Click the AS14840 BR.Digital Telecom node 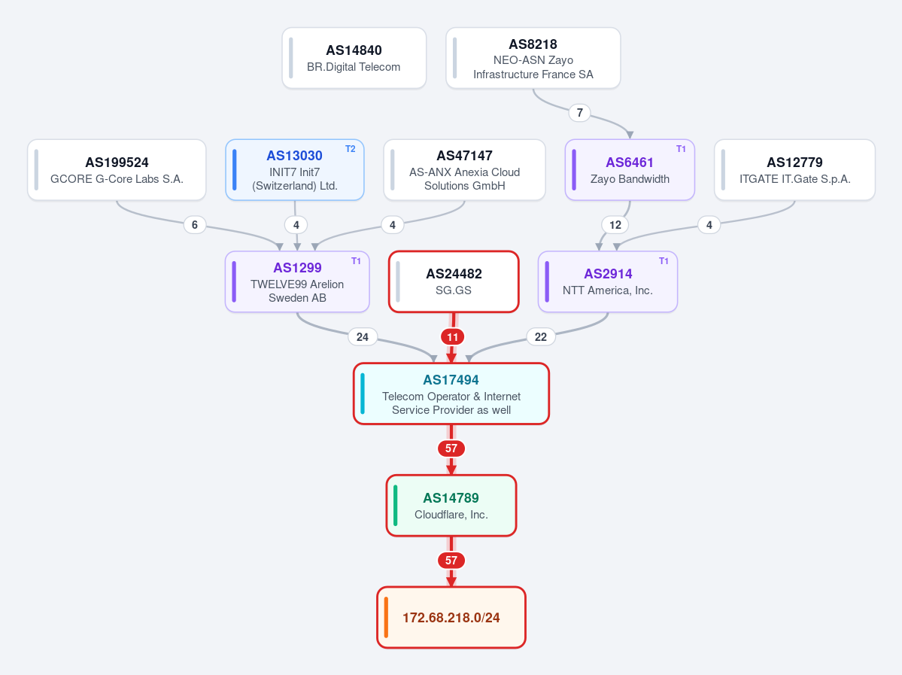coord(354,58)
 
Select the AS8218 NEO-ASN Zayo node coord(533,58)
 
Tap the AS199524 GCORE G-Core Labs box coord(117,170)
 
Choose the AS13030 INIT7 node coord(295,170)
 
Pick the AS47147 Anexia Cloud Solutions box coord(464,170)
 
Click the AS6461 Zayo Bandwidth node coord(630,170)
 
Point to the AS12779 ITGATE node coord(794,170)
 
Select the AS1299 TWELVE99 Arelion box coord(297,282)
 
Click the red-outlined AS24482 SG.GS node coord(454,282)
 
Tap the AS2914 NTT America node coord(607,282)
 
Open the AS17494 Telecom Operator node coord(451,394)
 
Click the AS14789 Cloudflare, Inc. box coord(451,505)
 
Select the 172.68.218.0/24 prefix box coord(451,618)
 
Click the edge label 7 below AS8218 coord(580,113)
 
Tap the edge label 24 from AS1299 coord(363,336)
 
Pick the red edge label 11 coord(453,336)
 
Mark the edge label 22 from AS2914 coord(541,336)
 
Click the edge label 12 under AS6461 coord(615,225)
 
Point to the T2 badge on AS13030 coord(351,149)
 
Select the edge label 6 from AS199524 coord(194,225)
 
